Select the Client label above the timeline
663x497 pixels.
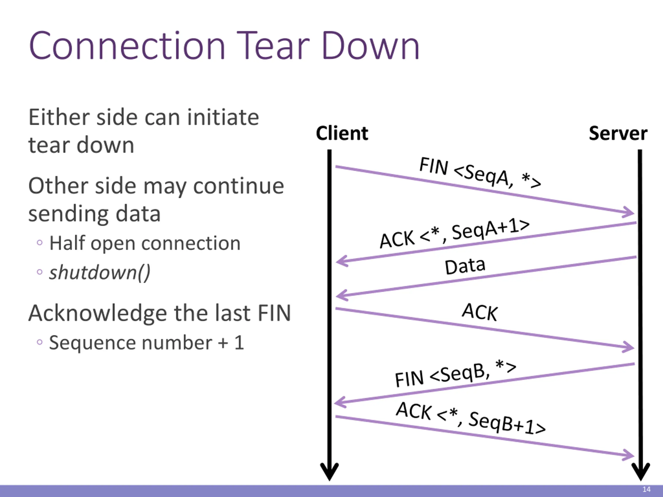pyautogui.click(x=342, y=133)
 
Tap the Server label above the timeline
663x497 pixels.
pyautogui.click(x=618, y=133)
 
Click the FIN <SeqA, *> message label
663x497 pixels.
pyautogui.click(x=480, y=173)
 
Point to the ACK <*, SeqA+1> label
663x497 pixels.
pyautogui.click(x=455, y=234)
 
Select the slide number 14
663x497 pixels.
pyautogui.click(x=646, y=489)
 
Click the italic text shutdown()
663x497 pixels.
pyautogui.click(x=99, y=273)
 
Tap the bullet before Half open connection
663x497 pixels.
pyautogui.click(x=40, y=243)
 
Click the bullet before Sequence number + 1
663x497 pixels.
pyautogui.click(x=40, y=342)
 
